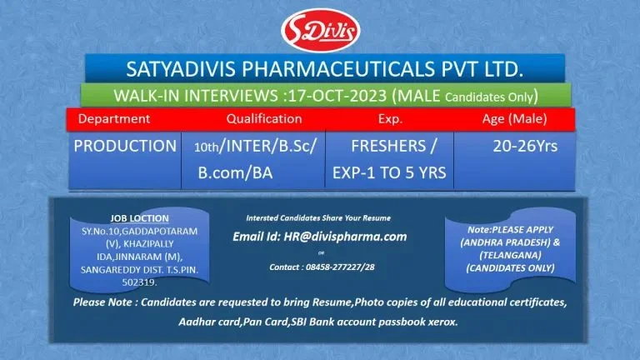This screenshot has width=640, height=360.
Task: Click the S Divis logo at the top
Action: (x=320, y=30)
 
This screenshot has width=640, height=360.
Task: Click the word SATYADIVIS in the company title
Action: (x=180, y=67)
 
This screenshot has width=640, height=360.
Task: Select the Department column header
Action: (x=114, y=119)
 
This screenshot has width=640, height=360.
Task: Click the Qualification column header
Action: (x=263, y=119)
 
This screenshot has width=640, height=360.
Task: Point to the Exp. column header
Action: (x=389, y=119)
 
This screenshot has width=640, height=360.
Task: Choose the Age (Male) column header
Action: (x=514, y=119)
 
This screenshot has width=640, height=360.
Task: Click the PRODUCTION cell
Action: (x=125, y=146)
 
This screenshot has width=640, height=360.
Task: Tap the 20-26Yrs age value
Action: (x=525, y=146)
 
